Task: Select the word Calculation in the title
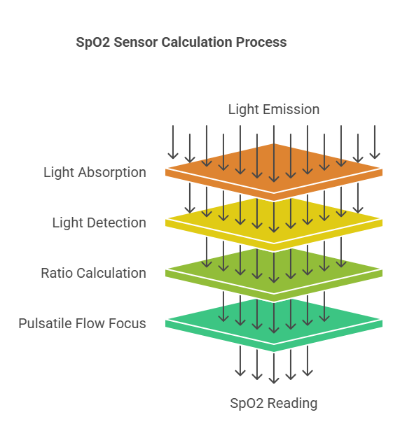pos(198,42)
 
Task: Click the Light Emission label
pos(273,109)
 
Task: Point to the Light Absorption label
pos(95,172)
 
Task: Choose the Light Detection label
pos(99,222)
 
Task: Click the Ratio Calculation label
pos(93,273)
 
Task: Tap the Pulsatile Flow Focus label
pos(82,323)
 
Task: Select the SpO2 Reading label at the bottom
pos(273,403)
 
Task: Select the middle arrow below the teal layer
pos(274,367)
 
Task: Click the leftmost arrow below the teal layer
pos(240,362)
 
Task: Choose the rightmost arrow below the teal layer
pos(307,362)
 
